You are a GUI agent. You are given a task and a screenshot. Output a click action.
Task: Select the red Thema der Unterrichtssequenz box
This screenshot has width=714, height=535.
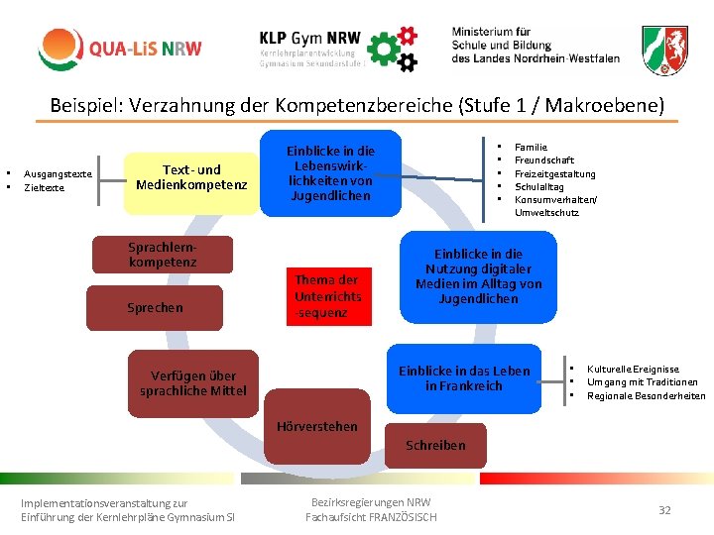click(x=328, y=295)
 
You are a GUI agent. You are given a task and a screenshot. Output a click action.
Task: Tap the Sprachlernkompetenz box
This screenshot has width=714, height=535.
click(x=163, y=255)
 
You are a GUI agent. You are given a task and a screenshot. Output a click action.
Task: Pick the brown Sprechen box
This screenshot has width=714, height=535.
click(x=156, y=307)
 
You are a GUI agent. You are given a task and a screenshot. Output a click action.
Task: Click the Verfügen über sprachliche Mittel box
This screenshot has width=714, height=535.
click(x=193, y=382)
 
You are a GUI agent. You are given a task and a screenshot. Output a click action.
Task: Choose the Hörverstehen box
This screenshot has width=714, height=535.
click(x=317, y=426)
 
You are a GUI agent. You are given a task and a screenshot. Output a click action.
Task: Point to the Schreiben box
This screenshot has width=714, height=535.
click(x=434, y=445)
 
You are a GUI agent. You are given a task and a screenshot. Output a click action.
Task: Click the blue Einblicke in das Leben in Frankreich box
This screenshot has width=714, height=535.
click(x=464, y=377)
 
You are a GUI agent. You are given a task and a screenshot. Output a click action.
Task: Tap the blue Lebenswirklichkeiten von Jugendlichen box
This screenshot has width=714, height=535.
click(x=330, y=173)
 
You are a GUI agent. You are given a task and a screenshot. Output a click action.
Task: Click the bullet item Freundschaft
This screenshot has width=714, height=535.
click(x=544, y=160)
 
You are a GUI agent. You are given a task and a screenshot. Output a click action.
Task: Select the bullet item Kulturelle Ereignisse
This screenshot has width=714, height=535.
click(x=633, y=369)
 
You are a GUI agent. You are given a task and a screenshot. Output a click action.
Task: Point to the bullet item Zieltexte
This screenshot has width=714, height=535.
click(x=45, y=186)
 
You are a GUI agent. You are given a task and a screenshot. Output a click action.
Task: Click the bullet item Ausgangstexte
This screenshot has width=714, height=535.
click(x=58, y=173)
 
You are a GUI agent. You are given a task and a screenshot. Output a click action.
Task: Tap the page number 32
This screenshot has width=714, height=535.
click(x=664, y=509)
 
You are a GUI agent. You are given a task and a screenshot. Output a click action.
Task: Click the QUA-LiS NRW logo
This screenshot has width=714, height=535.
click(x=120, y=49)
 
